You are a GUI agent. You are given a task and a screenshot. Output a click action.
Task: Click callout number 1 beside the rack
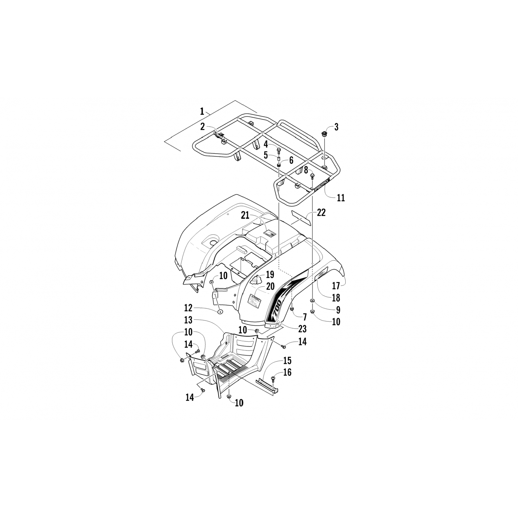[202, 111]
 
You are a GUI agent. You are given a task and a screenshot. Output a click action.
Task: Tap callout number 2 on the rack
[203, 126]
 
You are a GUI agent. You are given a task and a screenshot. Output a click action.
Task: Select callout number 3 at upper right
[336, 127]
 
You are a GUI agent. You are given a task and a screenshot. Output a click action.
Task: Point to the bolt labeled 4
[279, 151]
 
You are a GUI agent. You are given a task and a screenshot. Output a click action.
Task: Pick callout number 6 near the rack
[291, 160]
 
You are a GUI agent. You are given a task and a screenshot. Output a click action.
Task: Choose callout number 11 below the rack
[341, 198]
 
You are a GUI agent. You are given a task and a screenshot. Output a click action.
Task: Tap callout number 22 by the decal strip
[321, 213]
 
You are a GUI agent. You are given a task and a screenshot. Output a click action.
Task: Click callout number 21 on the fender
[245, 215]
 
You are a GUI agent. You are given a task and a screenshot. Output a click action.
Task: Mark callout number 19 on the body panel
[270, 275]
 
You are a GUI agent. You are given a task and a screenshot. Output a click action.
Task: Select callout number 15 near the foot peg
[287, 361]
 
